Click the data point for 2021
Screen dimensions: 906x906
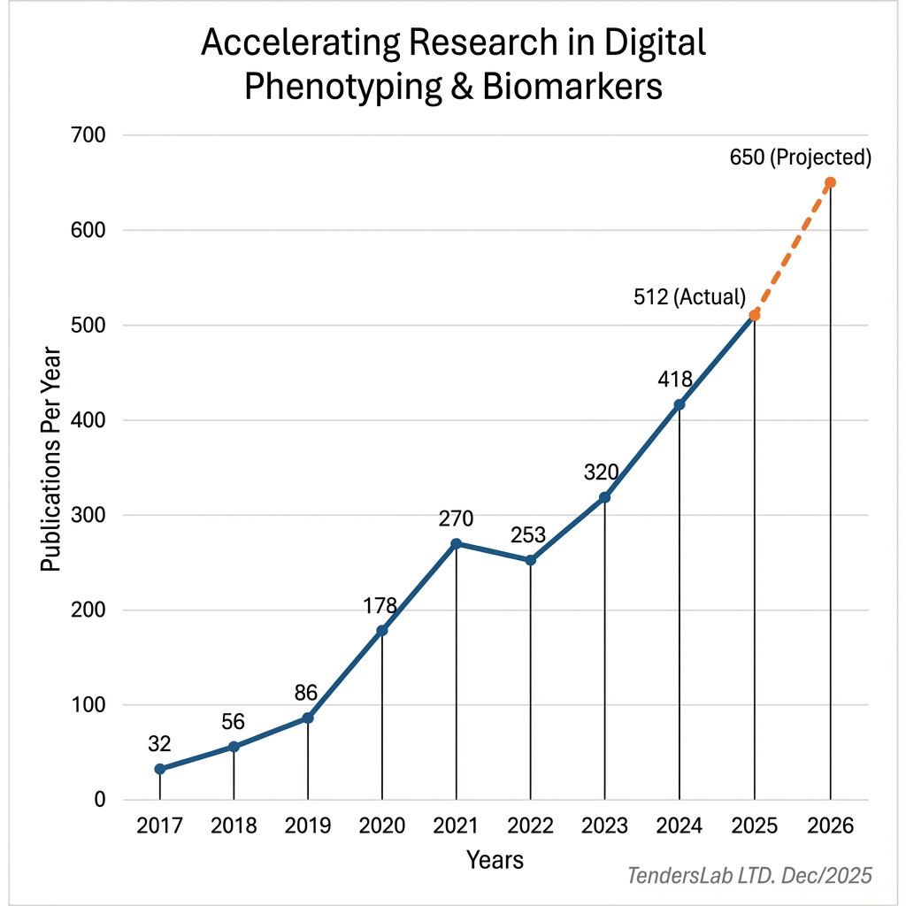(457, 543)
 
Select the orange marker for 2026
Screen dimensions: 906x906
(830, 182)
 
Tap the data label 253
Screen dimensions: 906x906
(528, 535)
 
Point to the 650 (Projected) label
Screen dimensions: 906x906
(801, 158)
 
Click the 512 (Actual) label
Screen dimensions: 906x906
(690, 297)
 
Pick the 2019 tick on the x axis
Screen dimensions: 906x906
(308, 825)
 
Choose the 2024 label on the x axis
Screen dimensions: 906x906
(679, 825)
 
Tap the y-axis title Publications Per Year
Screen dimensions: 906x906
(51, 460)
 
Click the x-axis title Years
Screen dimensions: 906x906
(495, 859)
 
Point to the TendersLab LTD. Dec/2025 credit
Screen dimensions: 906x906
(749, 876)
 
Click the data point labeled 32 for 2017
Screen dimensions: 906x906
(159, 769)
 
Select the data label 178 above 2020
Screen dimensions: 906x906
(380, 606)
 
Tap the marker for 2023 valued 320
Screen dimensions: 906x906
(605, 497)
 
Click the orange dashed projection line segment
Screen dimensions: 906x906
(792, 250)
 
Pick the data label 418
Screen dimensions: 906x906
(675, 380)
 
